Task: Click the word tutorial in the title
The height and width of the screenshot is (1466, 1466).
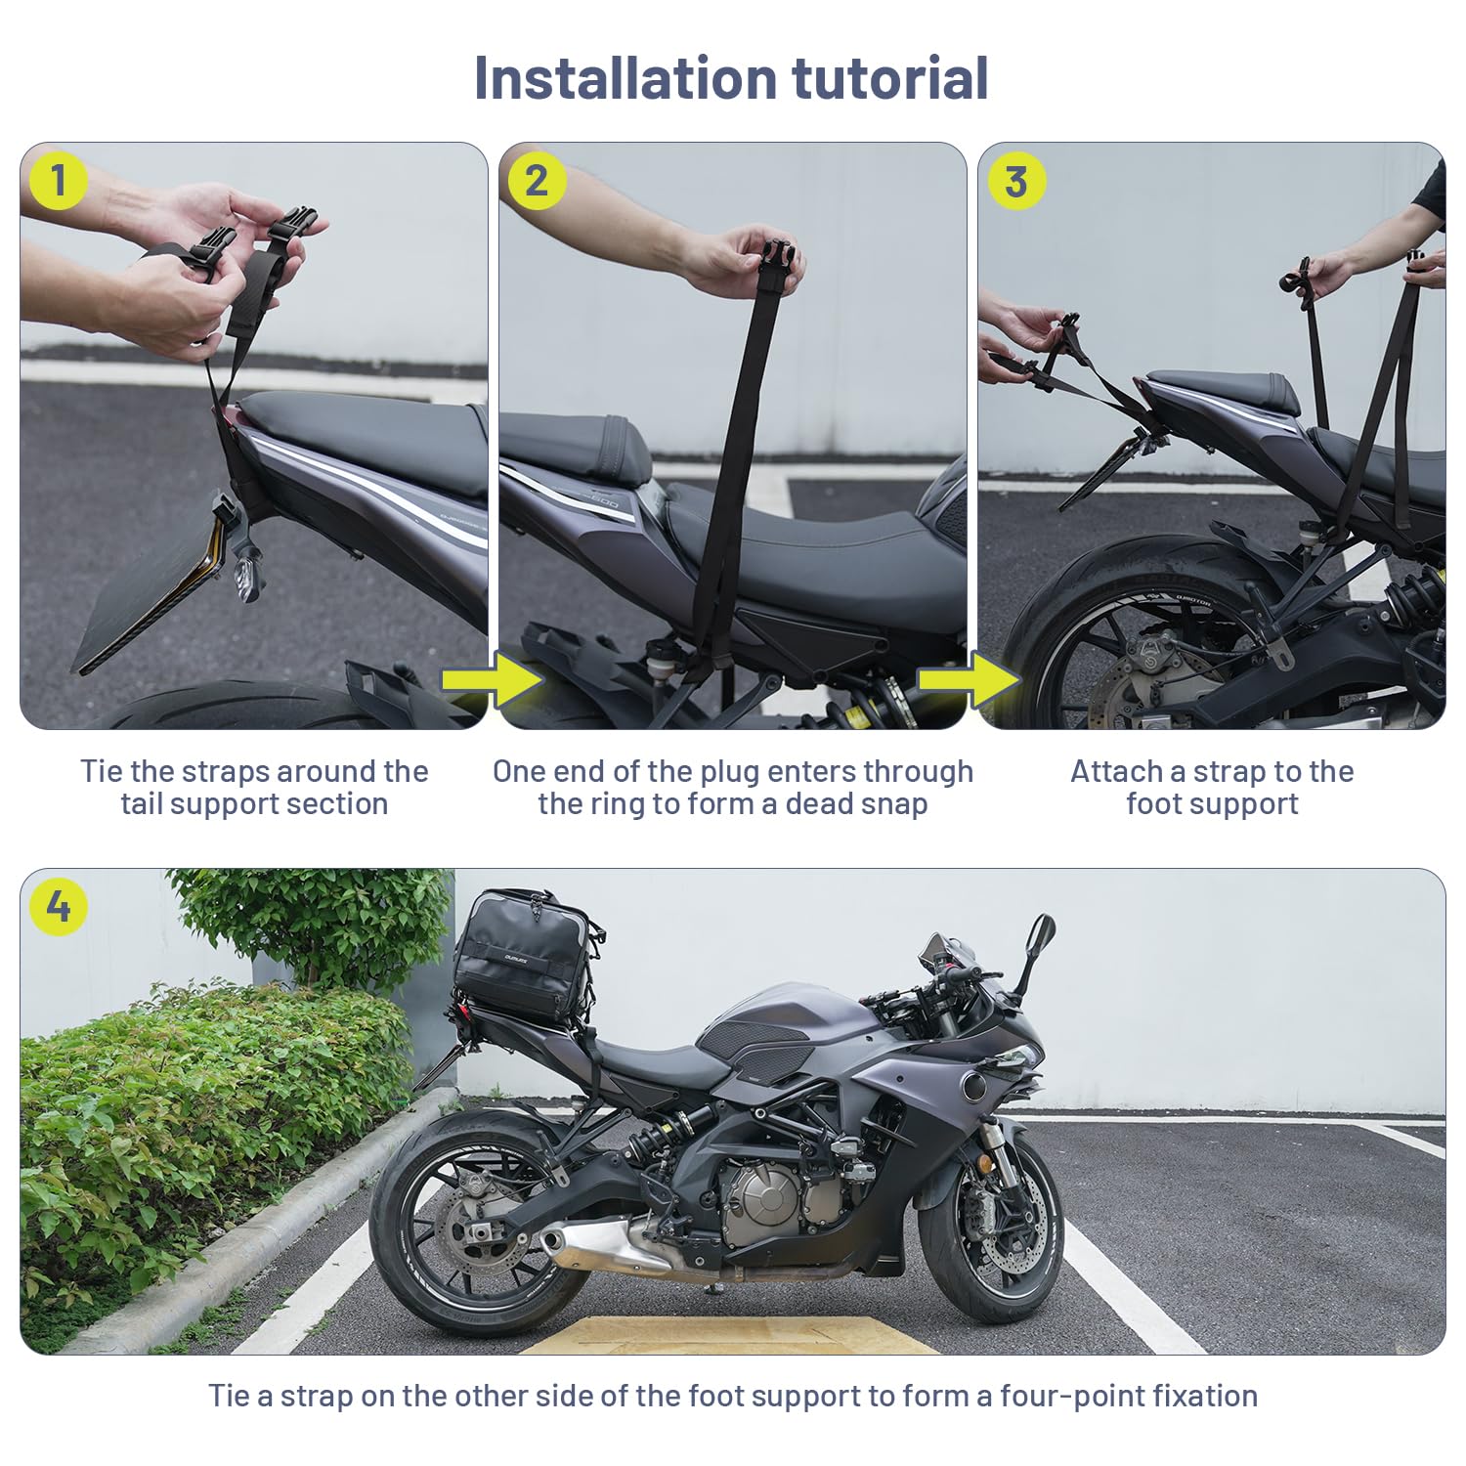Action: [890, 77]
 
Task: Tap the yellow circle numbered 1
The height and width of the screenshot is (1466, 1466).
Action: [59, 181]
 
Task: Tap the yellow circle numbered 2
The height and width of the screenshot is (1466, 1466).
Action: [537, 181]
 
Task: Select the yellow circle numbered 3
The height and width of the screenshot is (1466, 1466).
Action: [1016, 181]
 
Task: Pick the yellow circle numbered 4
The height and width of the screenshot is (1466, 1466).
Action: [59, 906]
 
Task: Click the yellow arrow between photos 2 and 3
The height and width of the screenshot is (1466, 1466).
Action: [970, 680]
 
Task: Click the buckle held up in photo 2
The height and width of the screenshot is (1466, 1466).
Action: [778, 261]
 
